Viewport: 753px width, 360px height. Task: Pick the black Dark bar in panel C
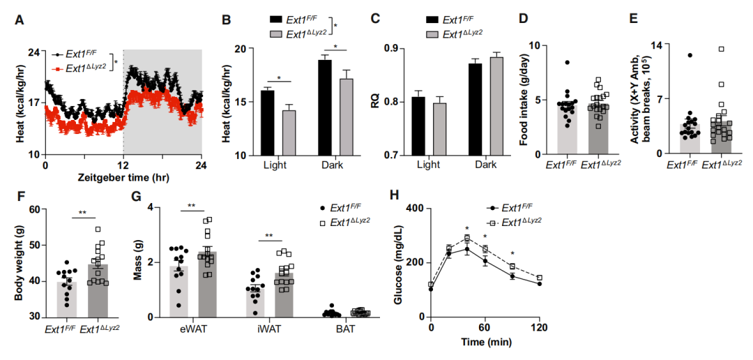pyautogui.click(x=475, y=109)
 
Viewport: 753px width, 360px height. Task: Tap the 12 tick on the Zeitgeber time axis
pyautogui.click(x=123, y=166)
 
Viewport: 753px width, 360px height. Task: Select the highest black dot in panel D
pyautogui.click(x=568, y=63)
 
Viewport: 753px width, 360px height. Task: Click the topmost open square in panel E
pyautogui.click(x=722, y=49)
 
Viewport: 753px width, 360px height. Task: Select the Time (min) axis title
pyautogui.click(x=486, y=343)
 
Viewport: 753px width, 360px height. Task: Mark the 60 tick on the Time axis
pyautogui.click(x=486, y=328)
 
